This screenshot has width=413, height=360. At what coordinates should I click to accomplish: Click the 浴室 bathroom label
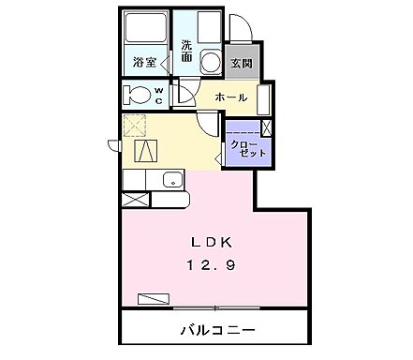click(x=144, y=64)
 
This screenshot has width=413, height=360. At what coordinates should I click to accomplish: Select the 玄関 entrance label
click(x=241, y=64)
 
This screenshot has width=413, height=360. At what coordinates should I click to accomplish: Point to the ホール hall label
click(x=231, y=97)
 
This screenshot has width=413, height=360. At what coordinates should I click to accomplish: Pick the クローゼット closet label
click(x=249, y=147)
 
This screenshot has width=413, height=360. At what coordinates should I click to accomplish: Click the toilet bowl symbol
click(x=139, y=96)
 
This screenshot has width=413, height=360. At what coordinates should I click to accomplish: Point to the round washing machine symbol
click(x=213, y=63)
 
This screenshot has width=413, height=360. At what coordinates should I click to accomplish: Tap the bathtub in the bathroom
click(x=146, y=28)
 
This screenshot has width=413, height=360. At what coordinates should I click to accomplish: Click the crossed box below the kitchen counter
click(x=135, y=199)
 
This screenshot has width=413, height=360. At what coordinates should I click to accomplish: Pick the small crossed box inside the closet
click(x=268, y=128)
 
